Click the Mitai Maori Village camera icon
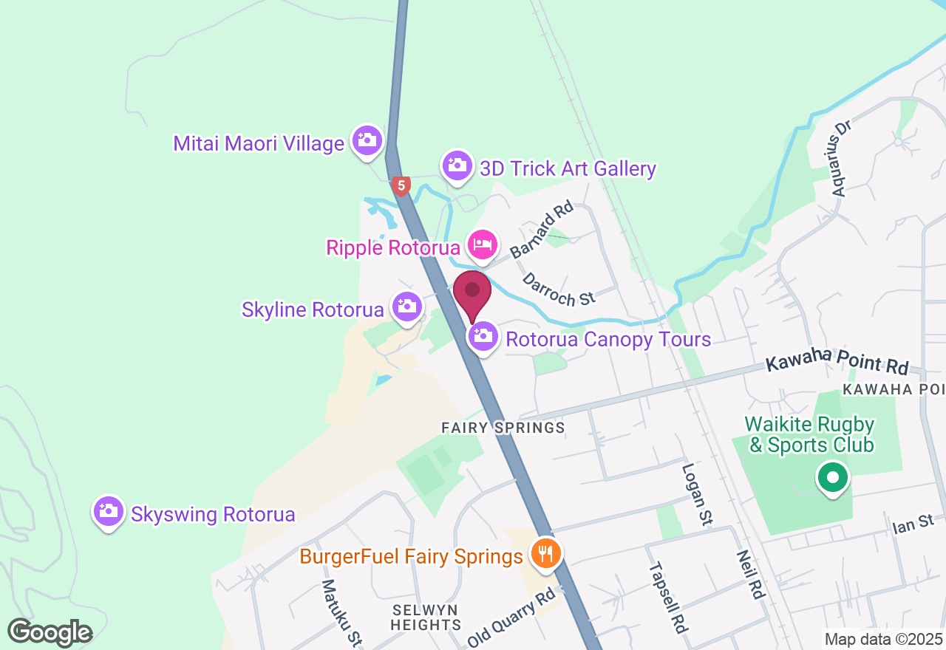[x=367, y=140]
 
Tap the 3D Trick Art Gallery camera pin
[x=457, y=165]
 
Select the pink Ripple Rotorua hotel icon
[x=483, y=244]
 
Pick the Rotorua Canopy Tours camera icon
[x=483, y=337]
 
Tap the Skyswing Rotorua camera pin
[x=109, y=511]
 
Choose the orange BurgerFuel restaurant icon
[x=545, y=552]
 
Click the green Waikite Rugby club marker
[x=833, y=477]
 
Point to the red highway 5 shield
[x=401, y=186]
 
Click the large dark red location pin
[x=472, y=293]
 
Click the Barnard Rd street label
[x=542, y=230]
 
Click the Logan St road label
[x=696, y=493]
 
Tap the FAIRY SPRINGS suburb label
[x=503, y=428]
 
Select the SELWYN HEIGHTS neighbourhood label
[x=426, y=617]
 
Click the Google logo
[x=50, y=632]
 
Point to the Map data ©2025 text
[x=883, y=639]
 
